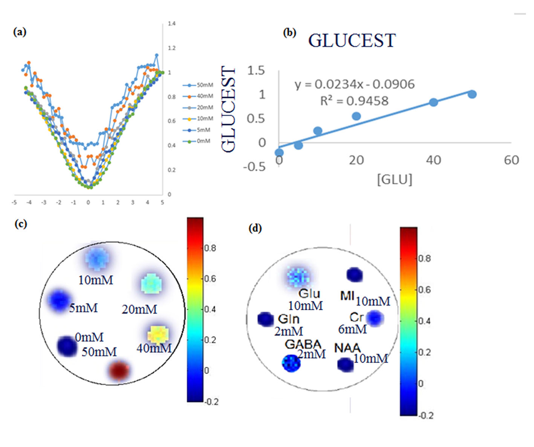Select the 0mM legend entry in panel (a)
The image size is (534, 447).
[203, 141]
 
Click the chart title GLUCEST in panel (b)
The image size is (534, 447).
[352, 41]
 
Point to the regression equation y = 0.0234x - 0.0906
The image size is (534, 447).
[354, 84]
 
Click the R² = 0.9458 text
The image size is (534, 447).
[354, 101]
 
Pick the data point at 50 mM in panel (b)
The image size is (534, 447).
[472, 94]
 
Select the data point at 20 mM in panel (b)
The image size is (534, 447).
[356, 116]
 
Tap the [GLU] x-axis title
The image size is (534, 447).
[394, 179]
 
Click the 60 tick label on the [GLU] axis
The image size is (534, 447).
[511, 160]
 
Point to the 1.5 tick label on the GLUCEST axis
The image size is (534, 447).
[256, 70]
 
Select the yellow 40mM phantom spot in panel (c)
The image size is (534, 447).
[158, 334]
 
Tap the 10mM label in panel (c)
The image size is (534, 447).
[96, 280]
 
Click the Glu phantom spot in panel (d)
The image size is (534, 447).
[298, 277]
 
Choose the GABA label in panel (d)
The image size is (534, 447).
[303, 344]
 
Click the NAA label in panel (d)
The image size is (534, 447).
[347, 348]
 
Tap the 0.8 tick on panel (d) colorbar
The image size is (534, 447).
[425, 258]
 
